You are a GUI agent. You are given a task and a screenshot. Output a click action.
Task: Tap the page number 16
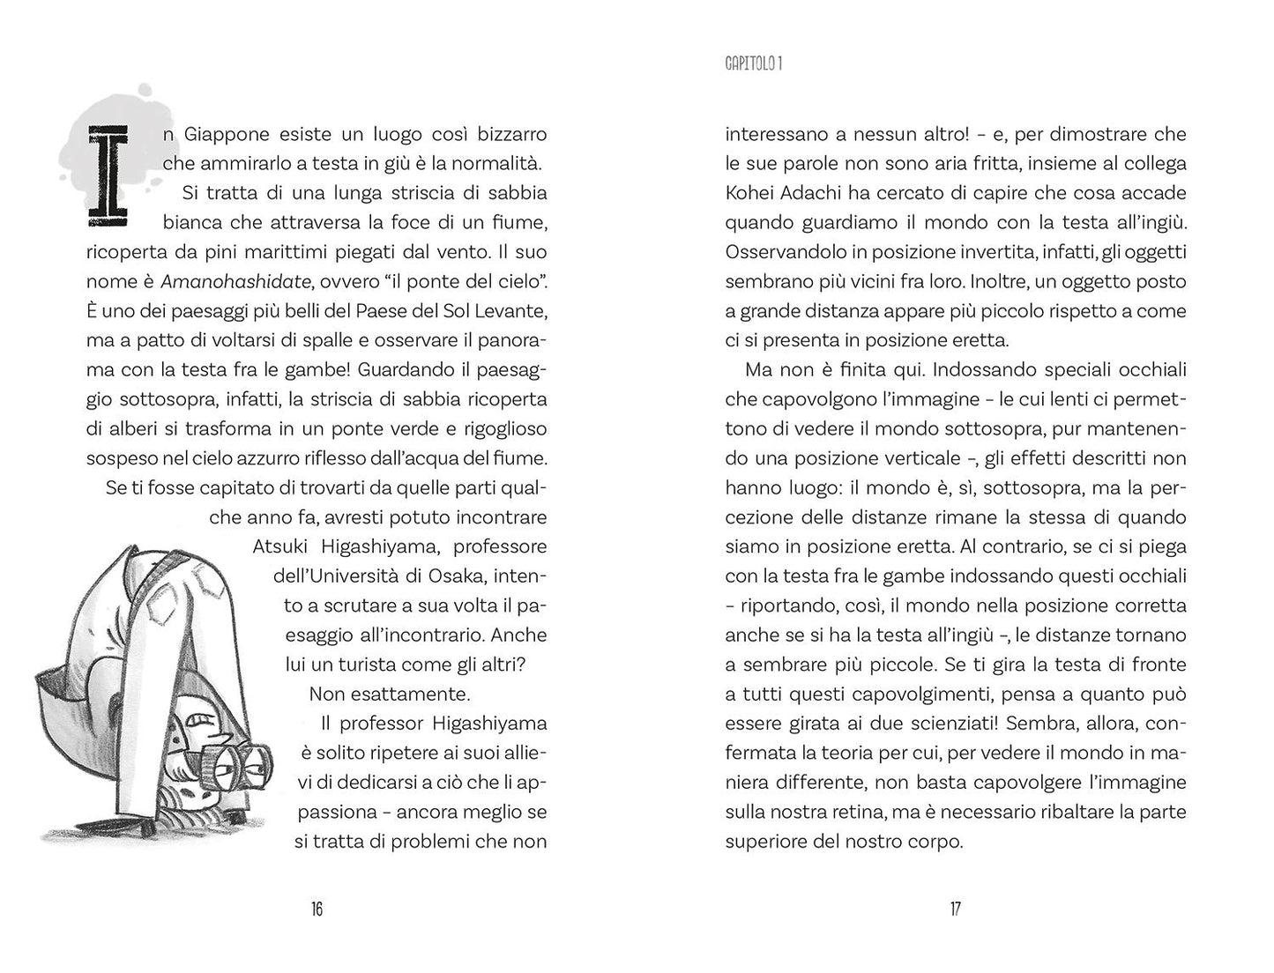click(x=317, y=910)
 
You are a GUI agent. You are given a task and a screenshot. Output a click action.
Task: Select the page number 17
click(x=955, y=910)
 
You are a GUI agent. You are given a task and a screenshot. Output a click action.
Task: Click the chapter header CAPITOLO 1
click(x=754, y=63)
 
